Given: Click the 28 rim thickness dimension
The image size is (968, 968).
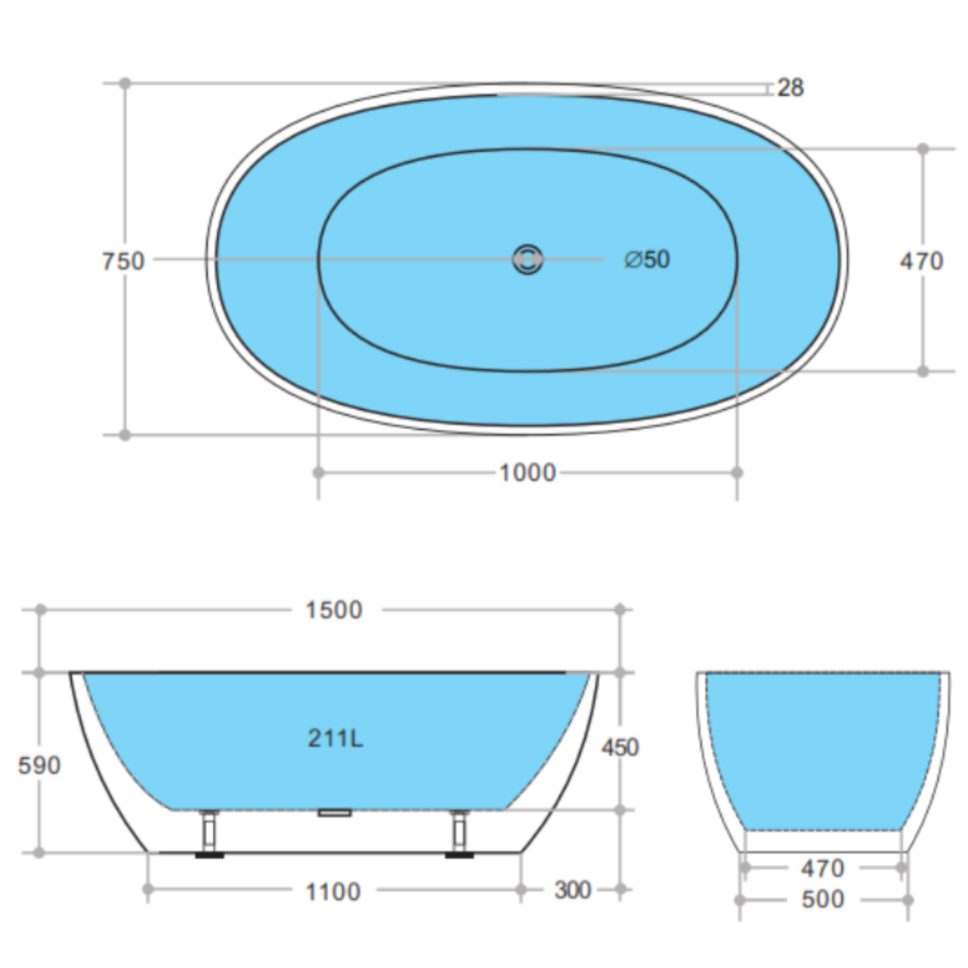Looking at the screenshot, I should (x=790, y=88).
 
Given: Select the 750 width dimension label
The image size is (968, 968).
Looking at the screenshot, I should (x=123, y=261).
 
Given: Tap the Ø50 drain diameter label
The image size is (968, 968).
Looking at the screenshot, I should (x=647, y=259).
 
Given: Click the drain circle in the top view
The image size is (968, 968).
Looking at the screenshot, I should (x=527, y=259).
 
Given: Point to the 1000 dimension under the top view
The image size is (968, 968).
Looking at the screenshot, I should (x=527, y=473).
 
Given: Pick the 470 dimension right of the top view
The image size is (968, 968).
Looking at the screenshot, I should (x=921, y=261).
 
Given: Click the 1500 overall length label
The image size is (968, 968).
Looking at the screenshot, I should (x=334, y=610).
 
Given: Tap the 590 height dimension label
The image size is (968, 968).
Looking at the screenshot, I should (x=39, y=766).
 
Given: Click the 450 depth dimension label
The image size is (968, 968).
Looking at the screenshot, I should (x=620, y=748).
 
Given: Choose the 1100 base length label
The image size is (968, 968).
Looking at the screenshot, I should (x=333, y=892).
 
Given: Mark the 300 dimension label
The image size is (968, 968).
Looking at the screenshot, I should (x=573, y=890).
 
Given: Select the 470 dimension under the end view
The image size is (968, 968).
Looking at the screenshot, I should (x=823, y=869).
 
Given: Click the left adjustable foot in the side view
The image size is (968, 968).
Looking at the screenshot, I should (x=209, y=834).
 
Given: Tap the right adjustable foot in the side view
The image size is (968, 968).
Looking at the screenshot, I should (x=459, y=834).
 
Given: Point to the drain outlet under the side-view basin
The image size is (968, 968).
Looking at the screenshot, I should (x=335, y=812).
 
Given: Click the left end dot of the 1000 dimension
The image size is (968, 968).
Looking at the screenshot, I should (x=318, y=473).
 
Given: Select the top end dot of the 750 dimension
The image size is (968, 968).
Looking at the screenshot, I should (x=125, y=83).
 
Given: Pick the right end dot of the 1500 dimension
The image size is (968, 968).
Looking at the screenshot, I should (x=620, y=610).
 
